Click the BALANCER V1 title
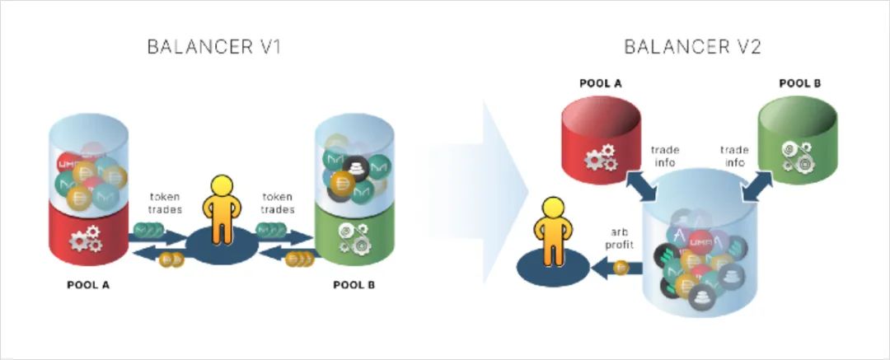(214, 46)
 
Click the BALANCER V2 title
(692, 46)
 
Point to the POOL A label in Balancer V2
(598, 84)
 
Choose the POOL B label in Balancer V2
(799, 84)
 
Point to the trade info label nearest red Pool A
(664, 156)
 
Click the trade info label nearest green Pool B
(734, 156)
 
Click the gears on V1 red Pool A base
(86, 240)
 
